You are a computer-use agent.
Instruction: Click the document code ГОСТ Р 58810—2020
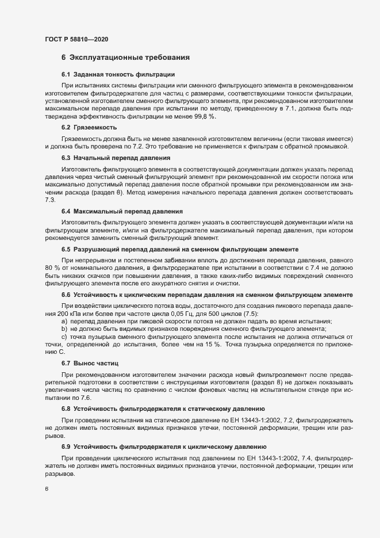click(76, 39)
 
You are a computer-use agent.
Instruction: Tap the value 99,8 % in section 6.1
click(204, 117)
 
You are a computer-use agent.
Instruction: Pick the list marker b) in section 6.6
click(64, 329)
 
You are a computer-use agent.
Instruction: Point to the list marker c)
click(64, 337)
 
